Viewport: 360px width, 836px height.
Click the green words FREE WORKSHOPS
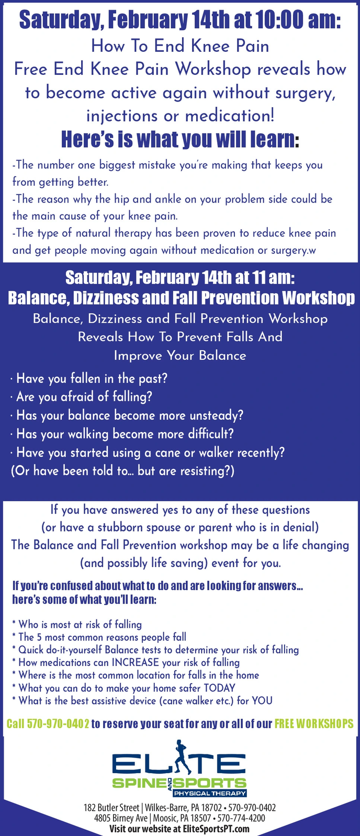click(x=314, y=724)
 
